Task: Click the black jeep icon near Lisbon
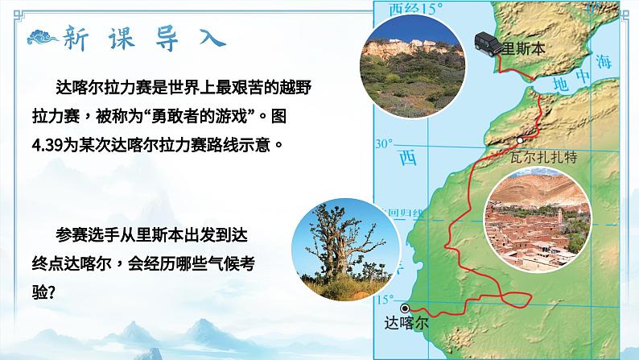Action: tap(485, 43)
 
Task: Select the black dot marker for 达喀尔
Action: tap(405, 308)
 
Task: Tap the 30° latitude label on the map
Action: tap(385, 144)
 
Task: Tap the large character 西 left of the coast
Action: tap(409, 159)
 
